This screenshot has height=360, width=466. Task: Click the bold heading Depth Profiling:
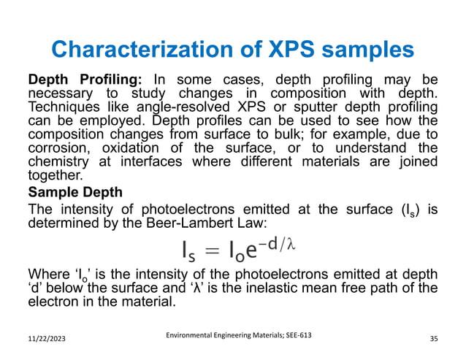point(87,79)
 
